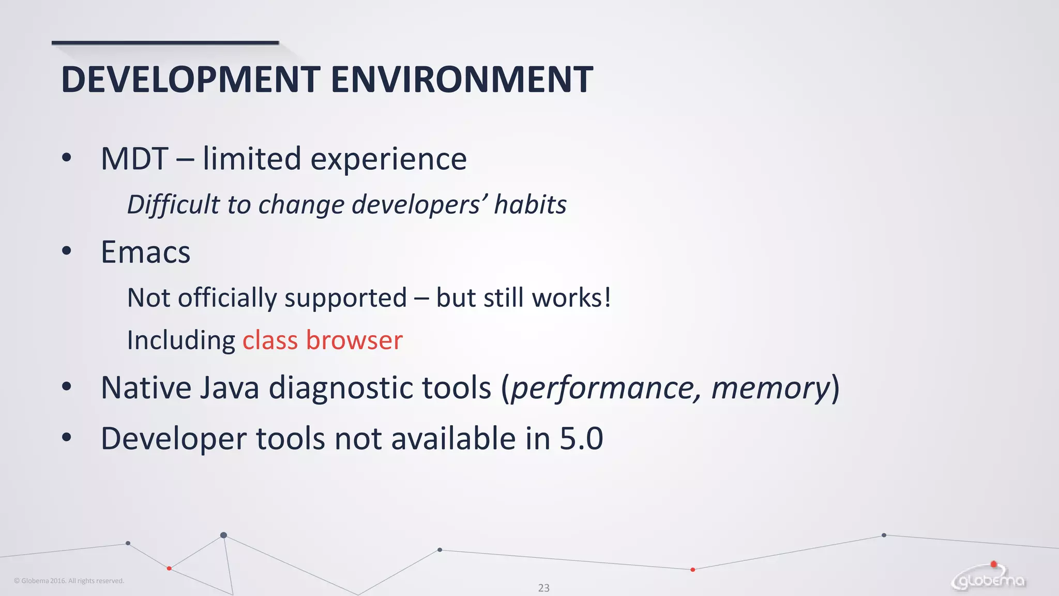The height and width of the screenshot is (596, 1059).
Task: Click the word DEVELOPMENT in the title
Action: point(190,80)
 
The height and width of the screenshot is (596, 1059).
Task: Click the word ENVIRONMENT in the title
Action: point(461,80)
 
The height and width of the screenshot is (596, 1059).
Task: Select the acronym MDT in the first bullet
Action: point(134,159)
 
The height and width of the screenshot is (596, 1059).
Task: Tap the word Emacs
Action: point(146,252)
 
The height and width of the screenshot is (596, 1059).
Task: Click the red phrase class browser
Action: point(322,340)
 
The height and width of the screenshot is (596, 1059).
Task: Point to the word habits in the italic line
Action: point(530,204)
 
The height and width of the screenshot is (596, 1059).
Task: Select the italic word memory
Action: point(770,388)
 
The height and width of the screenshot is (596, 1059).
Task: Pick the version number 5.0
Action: point(581,439)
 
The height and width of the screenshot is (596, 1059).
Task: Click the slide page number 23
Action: point(543,588)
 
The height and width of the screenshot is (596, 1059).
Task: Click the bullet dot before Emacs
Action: point(66,251)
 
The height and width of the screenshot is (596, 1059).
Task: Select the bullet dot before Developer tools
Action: point(66,438)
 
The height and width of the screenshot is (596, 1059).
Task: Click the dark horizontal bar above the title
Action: point(165,43)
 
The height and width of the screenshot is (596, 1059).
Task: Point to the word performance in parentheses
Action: point(606,388)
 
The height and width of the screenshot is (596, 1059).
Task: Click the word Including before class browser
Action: point(181,340)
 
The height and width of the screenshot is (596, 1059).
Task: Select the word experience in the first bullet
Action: point(388,159)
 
